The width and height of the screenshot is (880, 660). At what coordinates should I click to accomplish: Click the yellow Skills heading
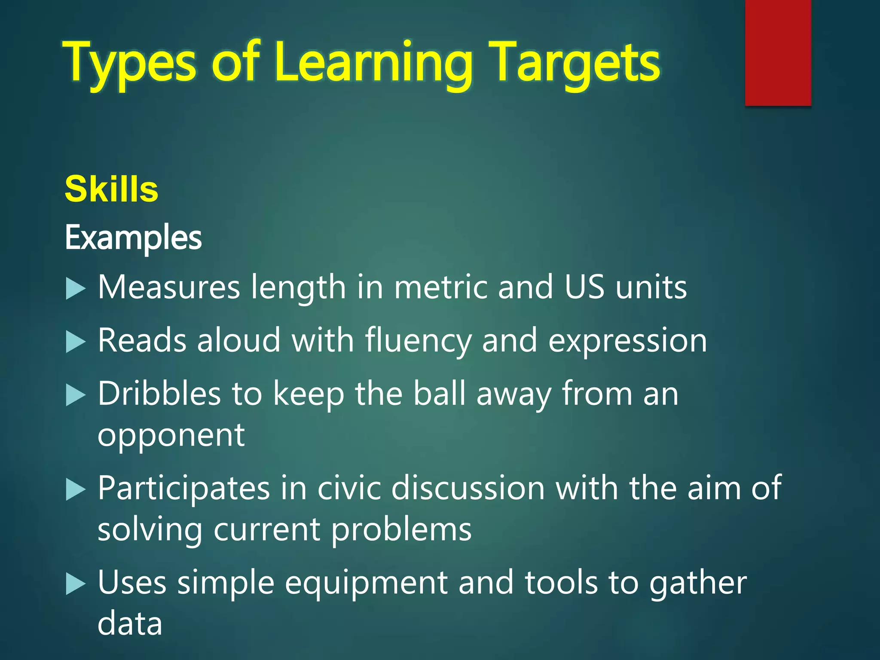111,189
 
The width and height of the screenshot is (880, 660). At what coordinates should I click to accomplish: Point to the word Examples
133,238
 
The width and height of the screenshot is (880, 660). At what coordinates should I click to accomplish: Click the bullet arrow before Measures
76,288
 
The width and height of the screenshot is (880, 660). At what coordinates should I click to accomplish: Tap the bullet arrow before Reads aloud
76,342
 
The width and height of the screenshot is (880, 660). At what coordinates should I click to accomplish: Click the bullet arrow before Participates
76,490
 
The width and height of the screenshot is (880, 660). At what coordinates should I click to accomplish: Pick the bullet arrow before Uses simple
76,584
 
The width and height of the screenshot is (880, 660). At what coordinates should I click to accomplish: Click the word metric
440,287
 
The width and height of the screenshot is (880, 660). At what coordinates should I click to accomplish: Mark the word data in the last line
130,624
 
